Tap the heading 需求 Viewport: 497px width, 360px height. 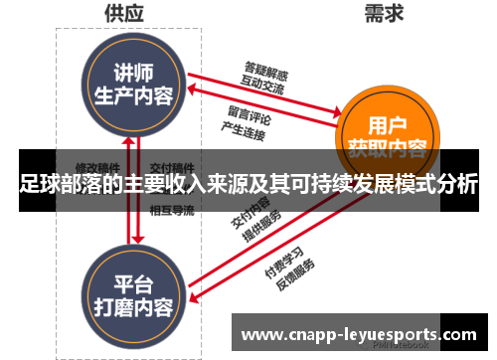[382, 13]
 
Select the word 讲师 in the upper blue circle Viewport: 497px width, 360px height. [132, 74]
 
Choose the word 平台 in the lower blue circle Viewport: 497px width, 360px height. [132, 281]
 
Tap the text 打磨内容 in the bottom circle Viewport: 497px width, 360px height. [132, 303]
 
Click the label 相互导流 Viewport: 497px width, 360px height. [171, 210]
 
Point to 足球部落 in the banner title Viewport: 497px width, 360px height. [59, 185]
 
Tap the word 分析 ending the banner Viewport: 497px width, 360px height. [460, 185]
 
